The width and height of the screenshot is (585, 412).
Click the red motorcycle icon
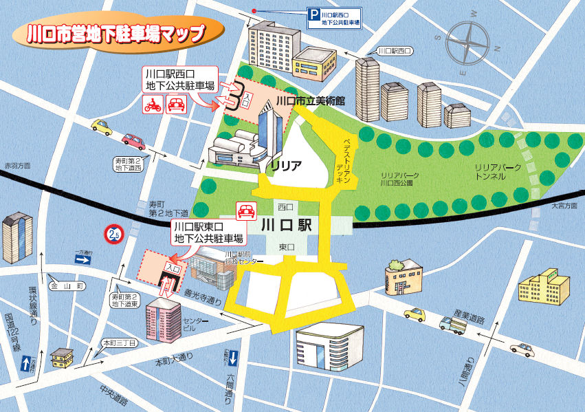pos(153,105)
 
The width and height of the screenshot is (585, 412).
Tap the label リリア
pos(285,166)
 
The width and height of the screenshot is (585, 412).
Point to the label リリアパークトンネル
pos(498,172)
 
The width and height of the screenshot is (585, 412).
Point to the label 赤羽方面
pos(17,166)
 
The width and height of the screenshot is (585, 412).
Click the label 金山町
pos(66,284)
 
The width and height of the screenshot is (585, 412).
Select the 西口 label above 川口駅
pos(286,206)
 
